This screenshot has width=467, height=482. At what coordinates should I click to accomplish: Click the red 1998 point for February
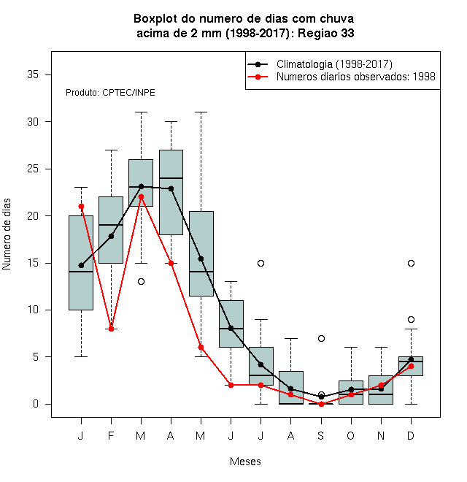[111, 329]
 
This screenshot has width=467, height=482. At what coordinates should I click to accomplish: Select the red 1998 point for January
[81, 206]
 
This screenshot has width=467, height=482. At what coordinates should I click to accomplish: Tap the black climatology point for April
[171, 188]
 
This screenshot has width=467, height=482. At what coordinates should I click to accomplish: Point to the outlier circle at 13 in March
[141, 282]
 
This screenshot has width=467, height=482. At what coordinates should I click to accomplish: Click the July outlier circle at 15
[260, 263]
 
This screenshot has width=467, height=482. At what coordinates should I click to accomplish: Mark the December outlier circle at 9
[411, 320]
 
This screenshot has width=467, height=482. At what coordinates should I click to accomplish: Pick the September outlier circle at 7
[321, 338]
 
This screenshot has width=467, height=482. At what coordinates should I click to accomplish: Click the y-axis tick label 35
[33, 74]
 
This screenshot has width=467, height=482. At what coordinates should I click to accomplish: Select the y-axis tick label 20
[33, 215]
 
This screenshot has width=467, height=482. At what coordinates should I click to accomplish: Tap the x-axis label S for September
[321, 435]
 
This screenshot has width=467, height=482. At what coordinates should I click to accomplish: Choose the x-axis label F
[111, 435]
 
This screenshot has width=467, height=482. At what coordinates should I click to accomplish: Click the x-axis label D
[411, 435]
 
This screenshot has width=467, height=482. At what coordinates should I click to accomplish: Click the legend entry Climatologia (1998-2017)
[334, 64]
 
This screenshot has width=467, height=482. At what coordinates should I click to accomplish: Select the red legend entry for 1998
[356, 77]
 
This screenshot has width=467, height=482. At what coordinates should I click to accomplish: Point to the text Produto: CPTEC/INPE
[110, 93]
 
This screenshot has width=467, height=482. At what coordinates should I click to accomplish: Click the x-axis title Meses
[245, 462]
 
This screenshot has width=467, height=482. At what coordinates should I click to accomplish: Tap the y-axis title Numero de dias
[7, 234]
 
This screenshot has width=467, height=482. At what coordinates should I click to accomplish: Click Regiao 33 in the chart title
[325, 33]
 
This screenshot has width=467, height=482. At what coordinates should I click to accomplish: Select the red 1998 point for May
[201, 348]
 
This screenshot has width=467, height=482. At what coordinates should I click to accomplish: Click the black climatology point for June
[231, 329]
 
